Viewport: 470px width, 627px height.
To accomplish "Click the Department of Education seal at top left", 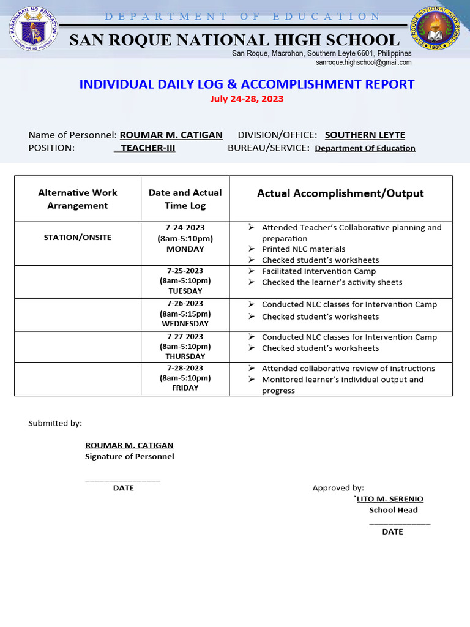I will tap(34, 29).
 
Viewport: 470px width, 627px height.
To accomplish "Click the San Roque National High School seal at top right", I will tap(436, 29).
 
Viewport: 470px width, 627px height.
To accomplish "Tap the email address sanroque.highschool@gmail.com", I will tap(364, 62).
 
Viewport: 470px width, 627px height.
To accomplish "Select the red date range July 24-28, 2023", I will tap(247, 99).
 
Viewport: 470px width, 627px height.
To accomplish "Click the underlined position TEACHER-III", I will tap(147, 148).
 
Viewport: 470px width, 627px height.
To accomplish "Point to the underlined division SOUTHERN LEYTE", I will tap(365, 135).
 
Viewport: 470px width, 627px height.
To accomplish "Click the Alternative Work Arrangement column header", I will tap(78, 199).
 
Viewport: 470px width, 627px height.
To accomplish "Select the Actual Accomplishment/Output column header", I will tap(340, 193).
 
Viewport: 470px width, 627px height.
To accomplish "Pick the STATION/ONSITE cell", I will tap(78, 238).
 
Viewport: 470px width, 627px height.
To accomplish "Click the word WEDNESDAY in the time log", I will tap(185, 323).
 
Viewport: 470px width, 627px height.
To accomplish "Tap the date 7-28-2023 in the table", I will tap(185, 368).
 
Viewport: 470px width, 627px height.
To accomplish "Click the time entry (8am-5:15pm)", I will tap(185, 313).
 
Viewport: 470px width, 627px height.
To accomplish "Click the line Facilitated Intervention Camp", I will tap(319, 271).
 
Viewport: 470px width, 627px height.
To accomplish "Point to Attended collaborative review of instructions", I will tap(348, 369).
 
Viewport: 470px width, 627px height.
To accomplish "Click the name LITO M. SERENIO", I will tap(390, 499).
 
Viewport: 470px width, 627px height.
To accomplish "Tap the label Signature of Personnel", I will tap(129, 456).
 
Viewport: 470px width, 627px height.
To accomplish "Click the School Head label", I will tap(394, 510).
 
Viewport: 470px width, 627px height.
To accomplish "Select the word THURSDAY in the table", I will tap(185, 356).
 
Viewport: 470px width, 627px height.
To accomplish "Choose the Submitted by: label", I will tap(55, 423).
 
